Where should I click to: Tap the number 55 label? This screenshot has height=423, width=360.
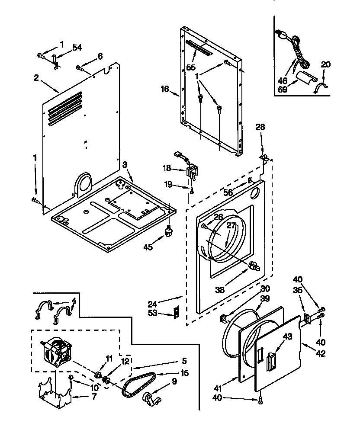(x=191, y=67)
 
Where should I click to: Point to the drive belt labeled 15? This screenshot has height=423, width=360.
(x=139, y=383)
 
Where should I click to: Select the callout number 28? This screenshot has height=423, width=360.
(x=260, y=127)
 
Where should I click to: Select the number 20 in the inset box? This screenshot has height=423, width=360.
(x=325, y=64)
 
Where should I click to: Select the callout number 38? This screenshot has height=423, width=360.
(x=220, y=290)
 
